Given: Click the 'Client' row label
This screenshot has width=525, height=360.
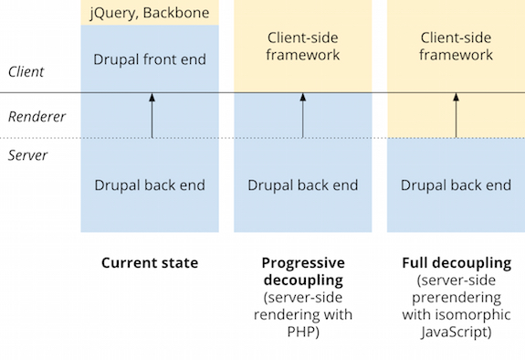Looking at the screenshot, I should pos(26,71).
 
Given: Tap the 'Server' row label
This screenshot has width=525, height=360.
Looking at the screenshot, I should pos(27,155).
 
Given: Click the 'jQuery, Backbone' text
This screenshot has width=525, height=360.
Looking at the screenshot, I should pos(149,13).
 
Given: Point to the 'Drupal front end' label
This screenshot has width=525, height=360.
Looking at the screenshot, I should pos(150,60).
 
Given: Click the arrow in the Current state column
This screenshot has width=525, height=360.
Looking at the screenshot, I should pos(152,114).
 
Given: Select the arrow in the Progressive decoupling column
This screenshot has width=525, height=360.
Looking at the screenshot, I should pos(303,114).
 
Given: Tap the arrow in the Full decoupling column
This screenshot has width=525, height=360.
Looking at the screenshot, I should pos(456,114).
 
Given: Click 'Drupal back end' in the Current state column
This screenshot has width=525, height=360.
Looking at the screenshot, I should pos(150,185).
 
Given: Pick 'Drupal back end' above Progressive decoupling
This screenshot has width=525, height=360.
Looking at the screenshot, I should pos(303,185).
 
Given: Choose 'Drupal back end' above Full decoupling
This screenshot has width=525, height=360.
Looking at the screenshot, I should pos(456,185).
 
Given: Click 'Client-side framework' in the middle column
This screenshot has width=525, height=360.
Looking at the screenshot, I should pos(303,47).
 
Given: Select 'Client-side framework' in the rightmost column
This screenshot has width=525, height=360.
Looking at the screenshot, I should pos(456,47).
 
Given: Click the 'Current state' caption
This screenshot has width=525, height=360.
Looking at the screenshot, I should pos(150,263).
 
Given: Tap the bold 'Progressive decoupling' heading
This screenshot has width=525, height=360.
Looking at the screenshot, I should pos(302,270).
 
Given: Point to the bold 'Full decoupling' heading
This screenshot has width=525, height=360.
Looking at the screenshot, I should pos(456,263).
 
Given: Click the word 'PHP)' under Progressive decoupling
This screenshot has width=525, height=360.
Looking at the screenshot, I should pos(302,333).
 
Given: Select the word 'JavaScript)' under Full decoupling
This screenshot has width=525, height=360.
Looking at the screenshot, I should pos(456,333).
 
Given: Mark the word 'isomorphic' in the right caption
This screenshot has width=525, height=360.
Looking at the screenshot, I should pos(475,315).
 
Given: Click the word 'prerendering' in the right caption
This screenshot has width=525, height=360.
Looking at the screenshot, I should pos(456,298).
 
